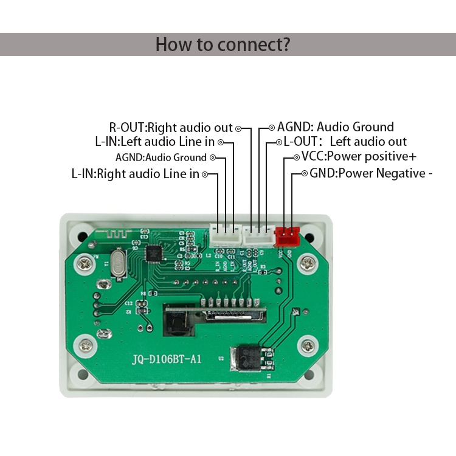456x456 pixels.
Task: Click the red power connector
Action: pos(288,233)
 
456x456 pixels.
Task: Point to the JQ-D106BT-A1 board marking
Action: pos(167,359)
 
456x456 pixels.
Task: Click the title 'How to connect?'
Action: pos(223,44)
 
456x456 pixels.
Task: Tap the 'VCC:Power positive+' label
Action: pos(359,157)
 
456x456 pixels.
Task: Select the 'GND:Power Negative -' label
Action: pos(371,173)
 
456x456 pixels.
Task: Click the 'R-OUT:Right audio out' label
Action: pos(171,128)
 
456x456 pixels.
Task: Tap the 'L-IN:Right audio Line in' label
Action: pos(135,174)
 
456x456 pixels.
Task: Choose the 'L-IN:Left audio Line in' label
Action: pos(155,142)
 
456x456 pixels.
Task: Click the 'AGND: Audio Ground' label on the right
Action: pos(336,127)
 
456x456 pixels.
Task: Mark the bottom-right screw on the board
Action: pos(309,347)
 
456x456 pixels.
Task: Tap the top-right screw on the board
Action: pos(309,263)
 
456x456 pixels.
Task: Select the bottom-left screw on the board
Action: pos(86,345)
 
